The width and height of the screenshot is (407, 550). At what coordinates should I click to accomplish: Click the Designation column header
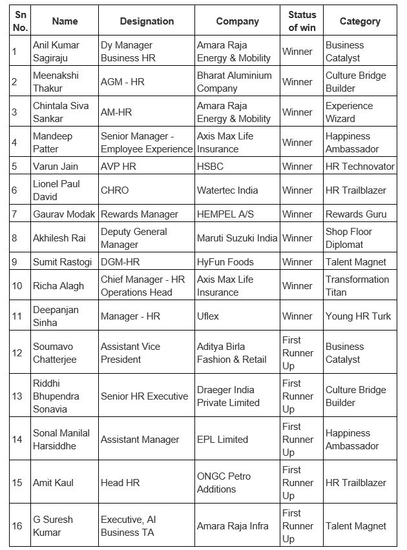147,21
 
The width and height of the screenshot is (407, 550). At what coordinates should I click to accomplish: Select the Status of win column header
302,21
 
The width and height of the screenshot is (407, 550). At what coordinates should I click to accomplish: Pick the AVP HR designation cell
116,166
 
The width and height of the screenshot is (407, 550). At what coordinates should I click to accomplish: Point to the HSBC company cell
210,166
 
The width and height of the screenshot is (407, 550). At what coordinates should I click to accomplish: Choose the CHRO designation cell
115,190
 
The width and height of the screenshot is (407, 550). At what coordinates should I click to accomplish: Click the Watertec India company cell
227,190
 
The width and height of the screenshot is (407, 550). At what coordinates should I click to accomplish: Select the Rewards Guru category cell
356,214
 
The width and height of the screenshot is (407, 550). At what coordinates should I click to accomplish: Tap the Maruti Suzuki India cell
237,238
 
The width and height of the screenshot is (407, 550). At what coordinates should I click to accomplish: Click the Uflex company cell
208,316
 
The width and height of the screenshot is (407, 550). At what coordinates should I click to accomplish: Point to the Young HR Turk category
359,316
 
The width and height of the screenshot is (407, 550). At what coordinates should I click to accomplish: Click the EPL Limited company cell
222,440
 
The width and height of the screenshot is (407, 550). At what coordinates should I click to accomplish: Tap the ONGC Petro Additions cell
224,483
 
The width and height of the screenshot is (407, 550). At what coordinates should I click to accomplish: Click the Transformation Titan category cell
357,286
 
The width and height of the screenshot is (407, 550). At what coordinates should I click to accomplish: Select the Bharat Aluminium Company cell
235,82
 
